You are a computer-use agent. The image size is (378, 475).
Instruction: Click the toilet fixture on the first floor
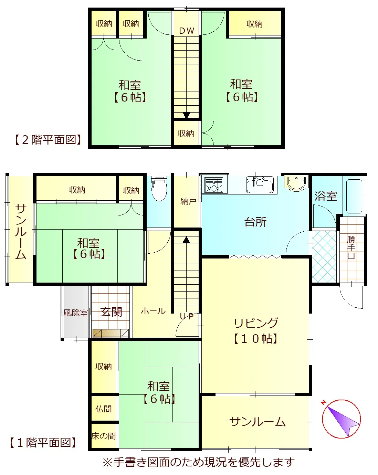[159, 189]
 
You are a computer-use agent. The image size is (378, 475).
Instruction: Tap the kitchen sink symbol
[260, 184]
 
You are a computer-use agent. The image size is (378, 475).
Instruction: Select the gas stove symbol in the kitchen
[213, 185]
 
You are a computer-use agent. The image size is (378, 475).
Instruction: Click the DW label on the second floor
[187, 31]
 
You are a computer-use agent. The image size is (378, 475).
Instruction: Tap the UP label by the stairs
[187, 316]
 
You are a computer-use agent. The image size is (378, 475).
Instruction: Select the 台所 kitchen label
[255, 222]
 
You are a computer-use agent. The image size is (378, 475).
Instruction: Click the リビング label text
[256, 323]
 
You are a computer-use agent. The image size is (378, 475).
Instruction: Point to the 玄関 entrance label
[111, 312]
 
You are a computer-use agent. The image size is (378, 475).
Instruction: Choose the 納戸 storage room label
[188, 201]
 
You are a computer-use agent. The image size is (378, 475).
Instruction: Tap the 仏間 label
[103, 409]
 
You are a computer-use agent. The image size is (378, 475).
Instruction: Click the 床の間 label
[104, 436]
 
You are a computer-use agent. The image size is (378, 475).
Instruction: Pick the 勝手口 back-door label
[351, 247]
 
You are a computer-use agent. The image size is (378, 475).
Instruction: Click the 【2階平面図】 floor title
[48, 140]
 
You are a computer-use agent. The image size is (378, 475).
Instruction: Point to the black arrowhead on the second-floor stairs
[187, 115]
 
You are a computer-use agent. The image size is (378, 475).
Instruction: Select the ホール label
[153, 311]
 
